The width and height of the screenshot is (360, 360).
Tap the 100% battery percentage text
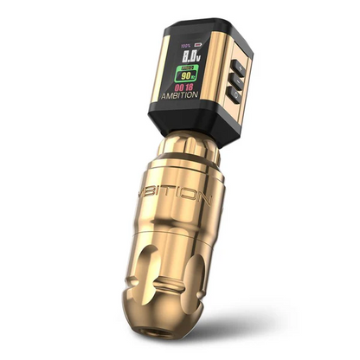click(x=183, y=43)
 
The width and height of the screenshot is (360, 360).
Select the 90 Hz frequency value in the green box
click(x=186, y=75)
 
